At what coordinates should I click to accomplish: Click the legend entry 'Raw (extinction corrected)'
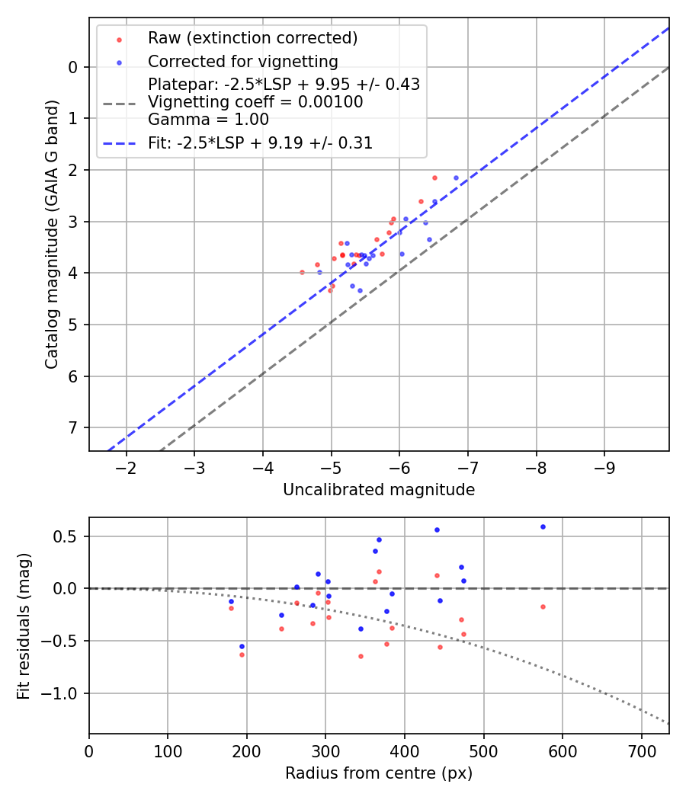point(252,38)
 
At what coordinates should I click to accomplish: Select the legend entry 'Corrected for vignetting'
point(242,61)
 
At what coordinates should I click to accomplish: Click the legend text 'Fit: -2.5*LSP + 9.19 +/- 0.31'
point(260,142)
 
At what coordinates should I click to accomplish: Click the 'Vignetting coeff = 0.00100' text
point(255,101)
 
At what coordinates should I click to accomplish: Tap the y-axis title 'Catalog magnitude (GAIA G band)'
point(51,234)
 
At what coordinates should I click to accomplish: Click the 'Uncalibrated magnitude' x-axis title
point(379,490)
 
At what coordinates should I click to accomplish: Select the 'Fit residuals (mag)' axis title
point(24,626)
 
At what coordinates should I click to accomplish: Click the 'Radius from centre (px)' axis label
point(379,773)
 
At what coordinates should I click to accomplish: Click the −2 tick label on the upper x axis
point(127,466)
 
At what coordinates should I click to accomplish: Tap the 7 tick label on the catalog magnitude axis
point(73,427)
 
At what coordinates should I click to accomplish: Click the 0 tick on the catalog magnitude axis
point(73,67)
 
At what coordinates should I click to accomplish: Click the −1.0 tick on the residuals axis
point(65,693)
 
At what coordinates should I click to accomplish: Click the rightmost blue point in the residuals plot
point(543,526)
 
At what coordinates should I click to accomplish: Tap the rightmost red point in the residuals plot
point(543,606)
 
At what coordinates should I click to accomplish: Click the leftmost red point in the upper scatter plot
point(302,272)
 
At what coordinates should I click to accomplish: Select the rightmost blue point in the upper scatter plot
point(457,178)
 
